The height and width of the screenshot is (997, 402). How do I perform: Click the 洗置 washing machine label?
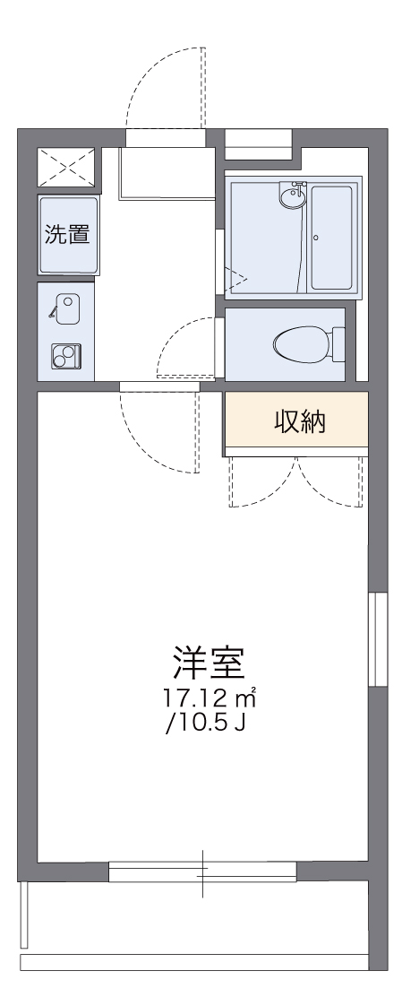pyautogui.click(x=67, y=236)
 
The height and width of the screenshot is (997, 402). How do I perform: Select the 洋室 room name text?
pyautogui.click(x=208, y=663)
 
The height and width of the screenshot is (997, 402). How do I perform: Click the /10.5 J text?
pyautogui.click(x=207, y=720)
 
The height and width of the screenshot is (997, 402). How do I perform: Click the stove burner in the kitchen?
pyautogui.click(x=64, y=356)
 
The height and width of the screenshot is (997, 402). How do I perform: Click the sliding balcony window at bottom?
pyautogui.click(x=202, y=870)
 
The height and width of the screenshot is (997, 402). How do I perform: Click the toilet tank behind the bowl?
pyautogui.click(x=338, y=343)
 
